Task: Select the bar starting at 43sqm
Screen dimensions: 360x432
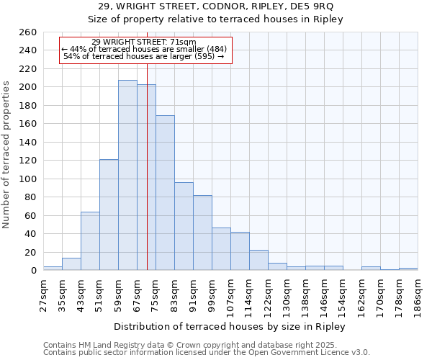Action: [x=90, y=241]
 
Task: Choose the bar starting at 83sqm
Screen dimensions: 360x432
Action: [x=184, y=226]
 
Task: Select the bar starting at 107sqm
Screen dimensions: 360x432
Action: [x=240, y=251]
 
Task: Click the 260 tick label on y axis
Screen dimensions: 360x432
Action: [x=29, y=32]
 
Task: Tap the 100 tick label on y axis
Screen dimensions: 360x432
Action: [x=29, y=179]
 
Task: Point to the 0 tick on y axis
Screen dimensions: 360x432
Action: [x=34, y=271]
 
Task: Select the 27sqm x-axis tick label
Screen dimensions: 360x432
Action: [x=43, y=294]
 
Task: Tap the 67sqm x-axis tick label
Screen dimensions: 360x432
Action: [x=137, y=294]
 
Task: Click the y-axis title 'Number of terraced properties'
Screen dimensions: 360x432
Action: [x=7, y=155]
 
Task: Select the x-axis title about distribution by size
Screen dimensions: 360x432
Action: [x=230, y=327]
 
